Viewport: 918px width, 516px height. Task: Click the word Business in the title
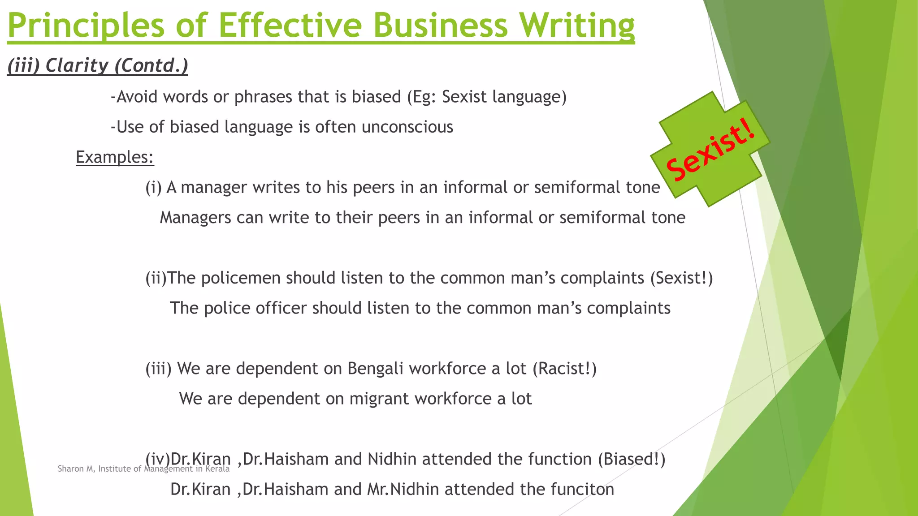pos(441,25)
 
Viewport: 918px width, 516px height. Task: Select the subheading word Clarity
pos(77,65)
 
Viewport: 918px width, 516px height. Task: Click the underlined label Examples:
pos(115,157)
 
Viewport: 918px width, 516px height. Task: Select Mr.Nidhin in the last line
pos(403,489)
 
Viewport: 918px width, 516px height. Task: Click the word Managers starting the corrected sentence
pos(195,218)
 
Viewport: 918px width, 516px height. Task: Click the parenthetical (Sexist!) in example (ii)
pos(681,278)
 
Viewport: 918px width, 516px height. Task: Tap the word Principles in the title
pos(87,25)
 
